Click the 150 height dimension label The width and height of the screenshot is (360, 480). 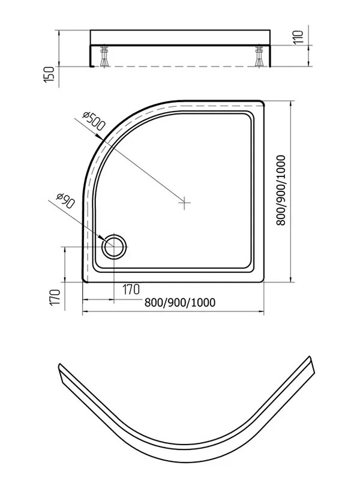(49, 74)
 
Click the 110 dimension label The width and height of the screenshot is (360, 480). (298, 37)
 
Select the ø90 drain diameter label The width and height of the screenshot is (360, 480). (65, 201)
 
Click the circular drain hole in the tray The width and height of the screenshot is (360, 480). (114, 247)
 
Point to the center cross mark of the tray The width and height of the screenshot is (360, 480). (184, 202)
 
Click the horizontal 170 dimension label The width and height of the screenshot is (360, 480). (131, 289)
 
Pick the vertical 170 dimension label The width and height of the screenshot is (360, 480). (55, 297)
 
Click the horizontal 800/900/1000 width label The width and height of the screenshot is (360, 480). (179, 302)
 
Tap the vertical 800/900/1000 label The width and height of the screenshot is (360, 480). (281, 190)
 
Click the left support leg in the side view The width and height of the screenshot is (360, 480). (105, 56)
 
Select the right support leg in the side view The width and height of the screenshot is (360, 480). (259, 56)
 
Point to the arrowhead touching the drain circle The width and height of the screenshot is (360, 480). (103, 238)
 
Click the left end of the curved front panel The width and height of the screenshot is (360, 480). (61, 373)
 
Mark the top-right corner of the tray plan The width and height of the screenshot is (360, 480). (263, 101)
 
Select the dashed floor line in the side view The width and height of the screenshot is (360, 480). (181, 67)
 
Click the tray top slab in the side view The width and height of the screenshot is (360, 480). (181, 38)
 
